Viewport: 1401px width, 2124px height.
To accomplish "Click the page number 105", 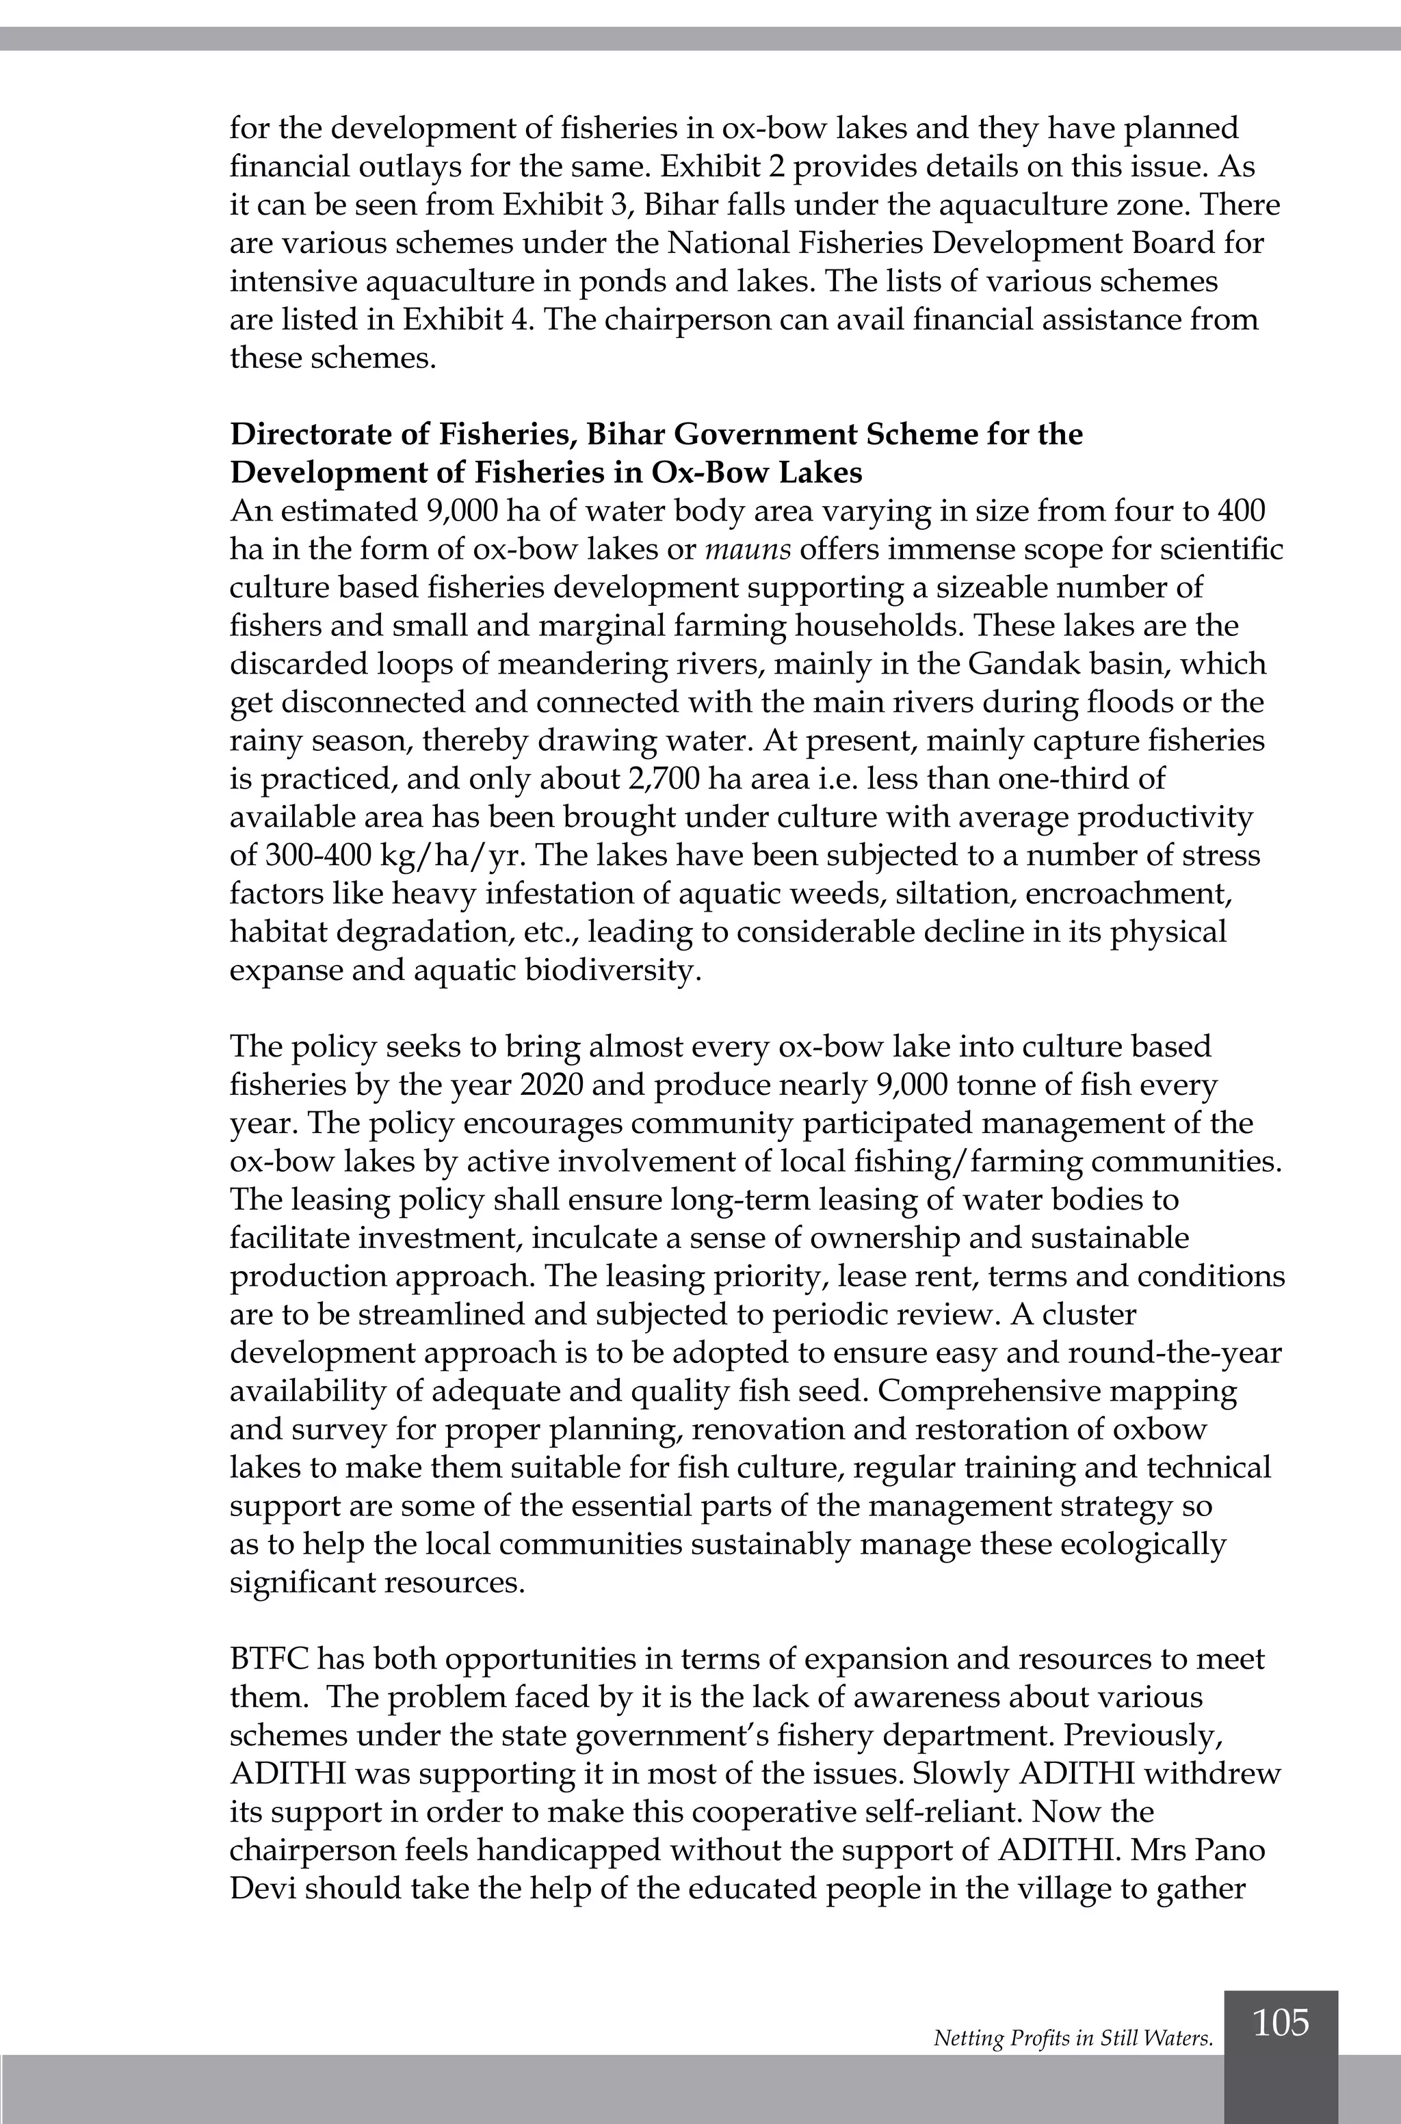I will point(1281,2023).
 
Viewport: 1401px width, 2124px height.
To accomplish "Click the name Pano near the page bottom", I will point(1231,1850).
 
